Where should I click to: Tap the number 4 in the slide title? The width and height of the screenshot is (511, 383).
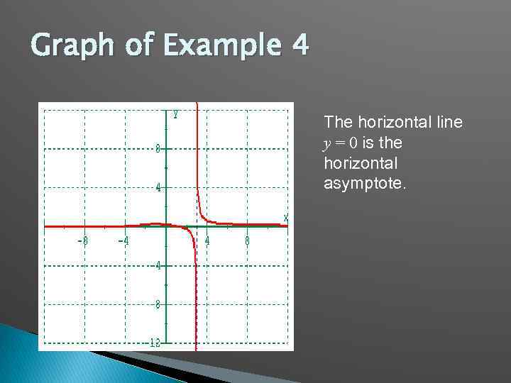point(299,47)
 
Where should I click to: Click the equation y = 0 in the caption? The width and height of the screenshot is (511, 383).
point(341,143)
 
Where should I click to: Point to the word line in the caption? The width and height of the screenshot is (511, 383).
point(448,123)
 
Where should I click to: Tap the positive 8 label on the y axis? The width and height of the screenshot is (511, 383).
point(158,148)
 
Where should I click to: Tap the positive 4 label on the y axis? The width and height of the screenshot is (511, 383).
point(158,188)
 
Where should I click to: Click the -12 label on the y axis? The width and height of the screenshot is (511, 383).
point(155,343)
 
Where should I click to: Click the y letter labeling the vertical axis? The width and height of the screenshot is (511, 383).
point(175,113)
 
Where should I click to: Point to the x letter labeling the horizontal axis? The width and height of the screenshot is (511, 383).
point(285,217)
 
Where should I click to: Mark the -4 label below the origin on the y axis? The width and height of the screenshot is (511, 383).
point(156,265)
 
